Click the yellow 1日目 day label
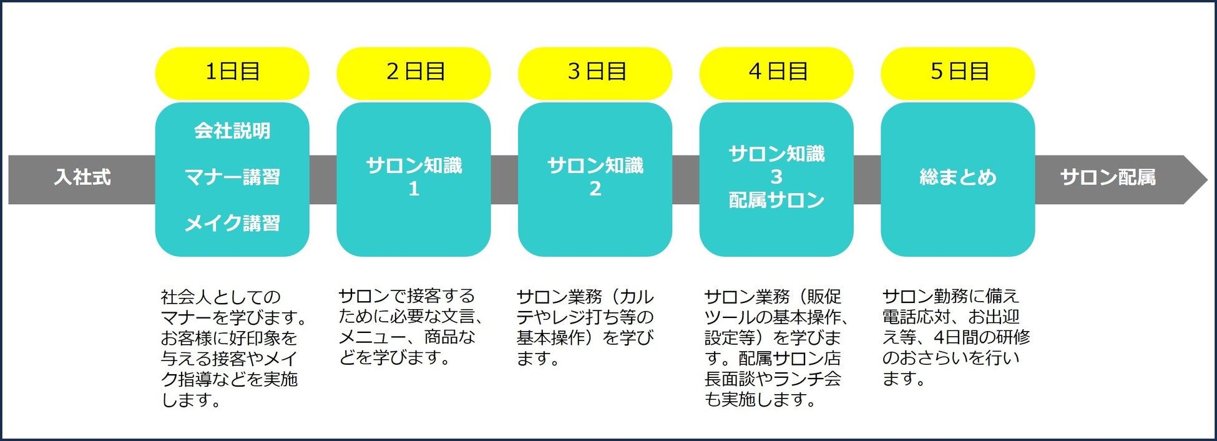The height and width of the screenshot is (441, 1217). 232,72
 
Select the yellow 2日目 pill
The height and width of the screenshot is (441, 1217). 414,72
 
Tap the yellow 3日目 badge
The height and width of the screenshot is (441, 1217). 595,72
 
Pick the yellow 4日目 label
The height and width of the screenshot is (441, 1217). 776,72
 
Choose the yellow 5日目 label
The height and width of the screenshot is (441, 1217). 958,72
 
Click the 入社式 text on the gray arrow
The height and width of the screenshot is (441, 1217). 82,178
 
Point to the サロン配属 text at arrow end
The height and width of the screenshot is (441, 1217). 1108,178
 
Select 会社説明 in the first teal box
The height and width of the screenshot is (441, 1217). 232,131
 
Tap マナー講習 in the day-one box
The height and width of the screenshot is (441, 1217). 232,177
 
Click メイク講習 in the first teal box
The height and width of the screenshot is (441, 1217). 232,224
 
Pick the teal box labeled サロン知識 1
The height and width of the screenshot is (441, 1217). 414,177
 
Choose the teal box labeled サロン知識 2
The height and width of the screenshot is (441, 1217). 595,177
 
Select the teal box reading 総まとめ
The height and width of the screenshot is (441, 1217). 958,177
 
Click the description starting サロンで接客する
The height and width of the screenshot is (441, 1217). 409,327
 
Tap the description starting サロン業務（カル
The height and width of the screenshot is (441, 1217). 585,327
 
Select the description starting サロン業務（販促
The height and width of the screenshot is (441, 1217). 774,348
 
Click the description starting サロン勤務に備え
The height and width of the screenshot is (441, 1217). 955,337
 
